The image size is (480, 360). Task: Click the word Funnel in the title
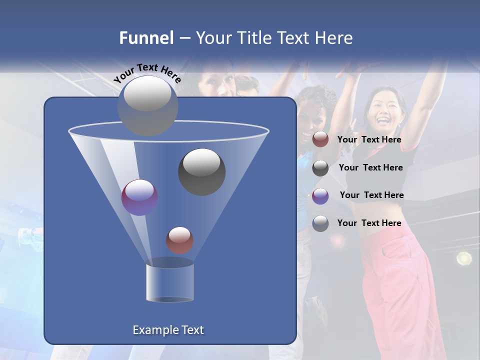point(146,38)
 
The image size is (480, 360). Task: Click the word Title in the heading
point(255,38)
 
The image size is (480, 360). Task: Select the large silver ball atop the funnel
point(148,105)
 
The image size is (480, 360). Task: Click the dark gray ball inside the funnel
point(202,171)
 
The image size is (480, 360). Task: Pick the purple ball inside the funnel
point(139,197)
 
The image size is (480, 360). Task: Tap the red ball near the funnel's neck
point(179,240)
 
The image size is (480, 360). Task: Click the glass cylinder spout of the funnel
point(170,281)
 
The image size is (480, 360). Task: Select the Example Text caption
point(168,330)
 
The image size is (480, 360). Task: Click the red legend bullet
point(320,139)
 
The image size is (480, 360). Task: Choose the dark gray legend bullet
point(320,168)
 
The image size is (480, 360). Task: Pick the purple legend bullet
point(320,196)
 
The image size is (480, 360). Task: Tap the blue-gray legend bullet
point(320,223)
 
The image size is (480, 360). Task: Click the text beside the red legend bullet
point(369,140)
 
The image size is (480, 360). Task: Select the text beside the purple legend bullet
point(371,195)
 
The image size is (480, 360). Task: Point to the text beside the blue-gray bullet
point(369,223)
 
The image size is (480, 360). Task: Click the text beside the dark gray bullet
point(370,168)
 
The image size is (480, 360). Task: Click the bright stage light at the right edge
point(464,258)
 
